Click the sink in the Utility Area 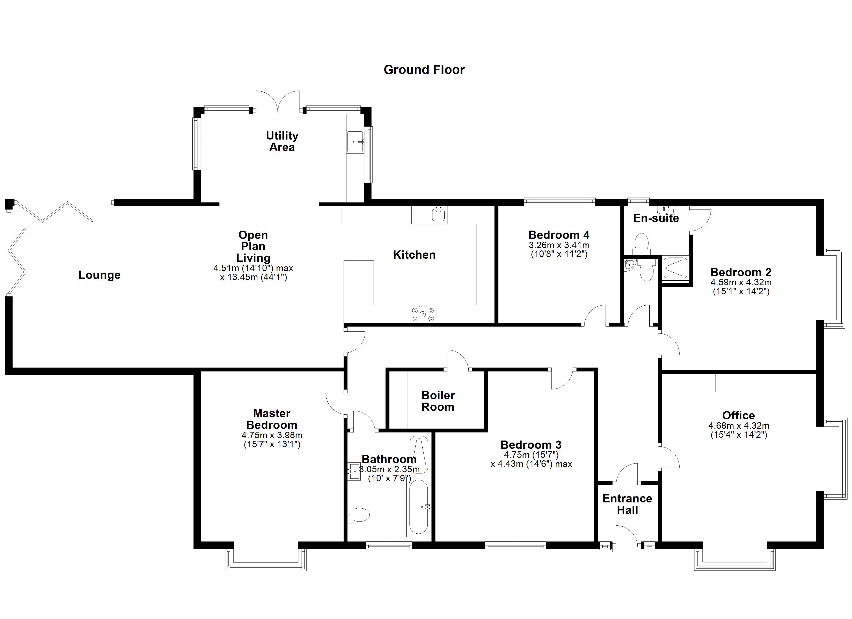(x=355, y=142)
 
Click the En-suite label (x=656, y=218)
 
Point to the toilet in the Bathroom (x=359, y=515)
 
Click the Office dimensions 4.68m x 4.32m (x=739, y=426)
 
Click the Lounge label (x=100, y=275)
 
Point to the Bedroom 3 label (x=531, y=445)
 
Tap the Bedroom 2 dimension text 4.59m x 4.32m (x=741, y=282)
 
